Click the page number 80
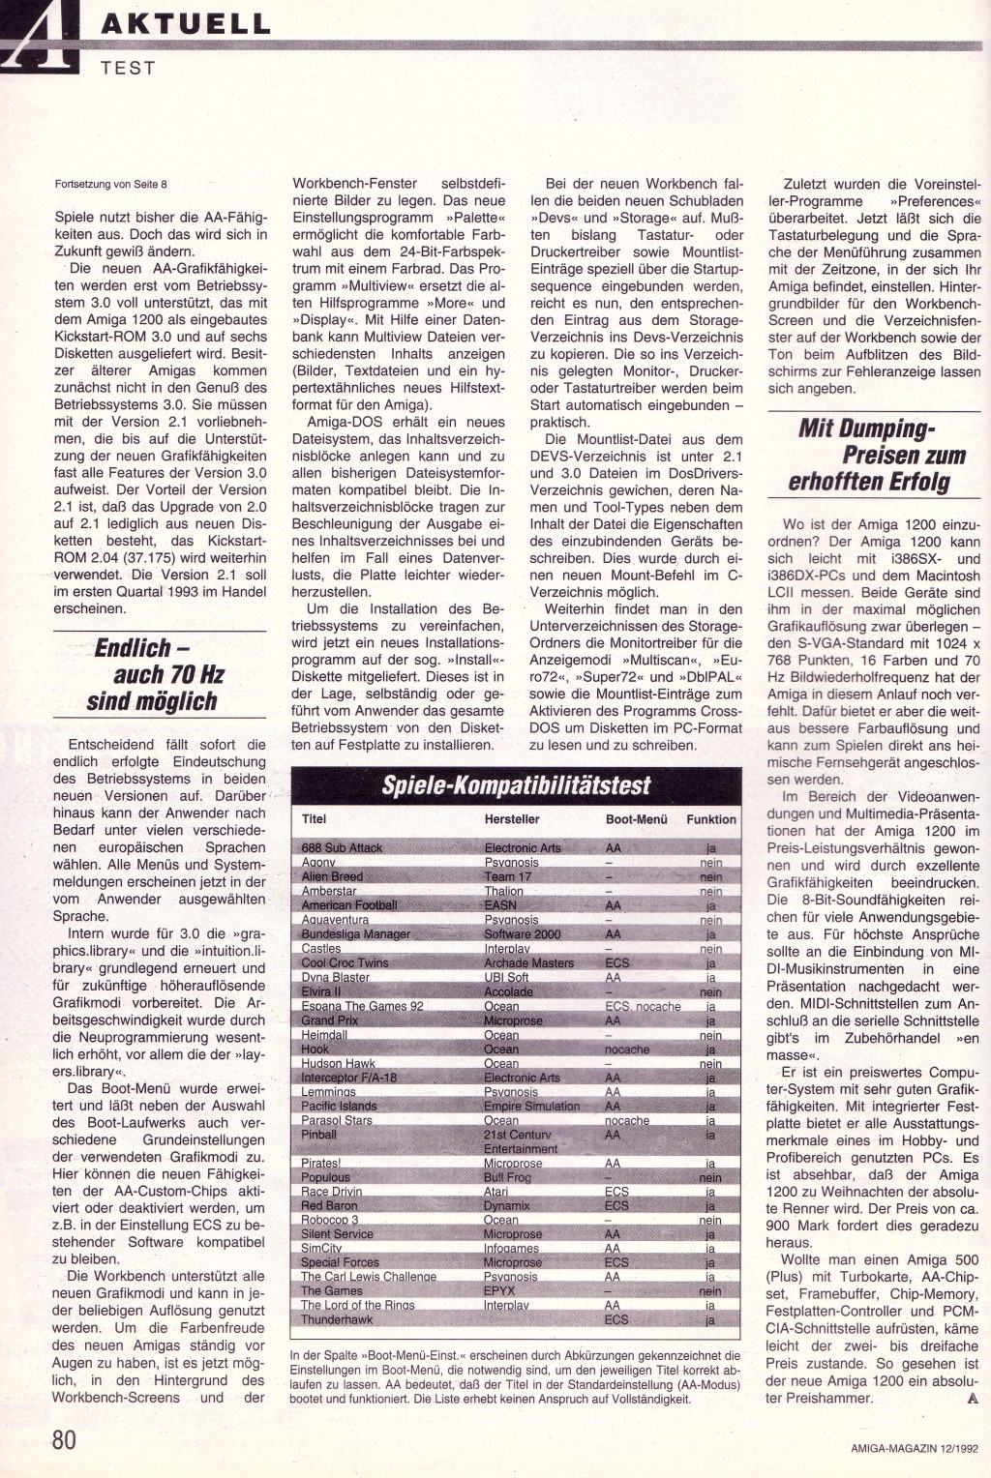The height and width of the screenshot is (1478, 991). point(64,1438)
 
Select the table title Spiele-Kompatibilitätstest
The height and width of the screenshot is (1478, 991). point(516,784)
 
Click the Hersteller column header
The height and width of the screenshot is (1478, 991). point(512,819)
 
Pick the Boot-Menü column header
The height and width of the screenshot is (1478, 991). point(636,819)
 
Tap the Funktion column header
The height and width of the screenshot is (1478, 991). point(711,819)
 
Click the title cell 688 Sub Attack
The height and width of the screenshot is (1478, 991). point(342,848)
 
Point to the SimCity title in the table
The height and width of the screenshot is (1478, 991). point(321,1248)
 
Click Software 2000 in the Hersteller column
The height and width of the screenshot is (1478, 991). point(523,934)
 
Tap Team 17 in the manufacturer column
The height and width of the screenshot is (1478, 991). point(508,876)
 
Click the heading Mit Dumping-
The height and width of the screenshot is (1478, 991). point(867,428)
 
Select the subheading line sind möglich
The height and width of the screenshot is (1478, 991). point(152,701)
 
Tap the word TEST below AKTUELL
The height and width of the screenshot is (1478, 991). point(128,67)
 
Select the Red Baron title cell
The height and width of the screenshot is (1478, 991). point(329,1206)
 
